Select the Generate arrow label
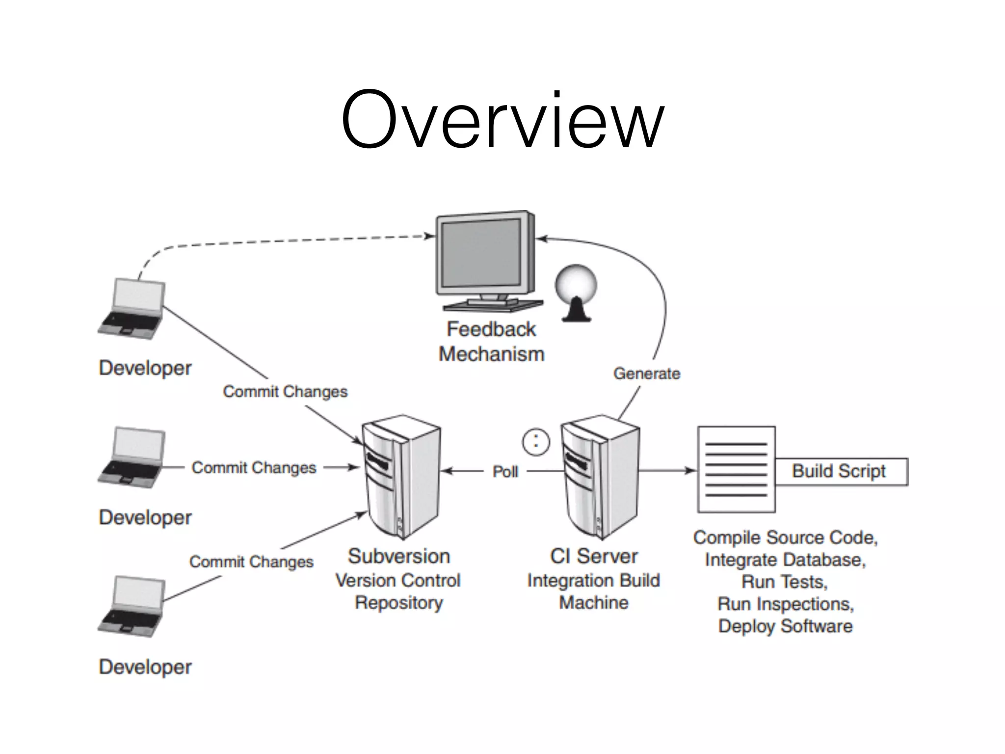646,374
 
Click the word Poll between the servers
505,472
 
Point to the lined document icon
736,469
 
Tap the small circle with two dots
536,442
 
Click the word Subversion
399,556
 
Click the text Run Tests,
784,582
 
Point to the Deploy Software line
785,626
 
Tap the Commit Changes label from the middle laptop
254,468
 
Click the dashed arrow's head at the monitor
430,236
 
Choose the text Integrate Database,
785,560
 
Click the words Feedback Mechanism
491,342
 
